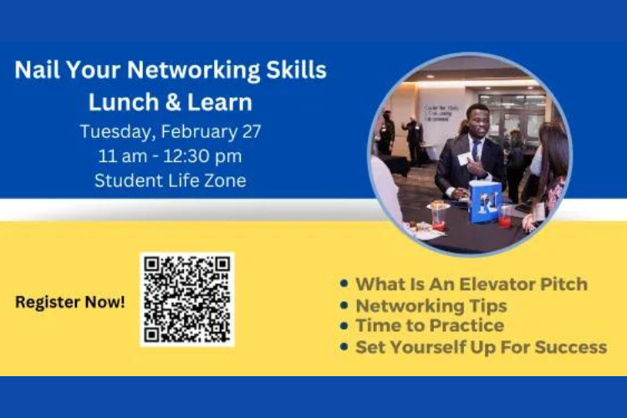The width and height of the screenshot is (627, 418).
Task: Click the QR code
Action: click(186, 299)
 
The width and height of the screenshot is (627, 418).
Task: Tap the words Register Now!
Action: click(70, 302)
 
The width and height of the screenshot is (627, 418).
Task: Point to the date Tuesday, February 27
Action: click(171, 131)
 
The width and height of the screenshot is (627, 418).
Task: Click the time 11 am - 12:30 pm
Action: click(171, 155)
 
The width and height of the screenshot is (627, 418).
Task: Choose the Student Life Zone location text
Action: click(171, 180)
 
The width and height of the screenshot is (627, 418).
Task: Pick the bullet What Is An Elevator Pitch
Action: click(472, 283)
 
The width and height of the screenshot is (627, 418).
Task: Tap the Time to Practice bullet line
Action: click(430, 325)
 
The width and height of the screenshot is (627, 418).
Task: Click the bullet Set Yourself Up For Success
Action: click(481, 346)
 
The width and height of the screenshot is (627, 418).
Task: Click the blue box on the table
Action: click(486, 201)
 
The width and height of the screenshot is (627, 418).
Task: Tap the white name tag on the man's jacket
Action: click(465, 158)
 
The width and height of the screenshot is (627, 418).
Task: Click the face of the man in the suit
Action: click(477, 122)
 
